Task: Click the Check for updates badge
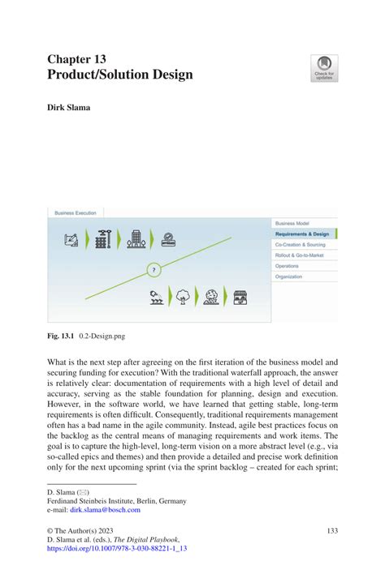tap(324, 68)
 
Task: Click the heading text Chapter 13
tap(76, 59)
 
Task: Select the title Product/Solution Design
tap(120, 75)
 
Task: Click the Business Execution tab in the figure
tap(76, 212)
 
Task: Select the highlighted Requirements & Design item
tap(303, 233)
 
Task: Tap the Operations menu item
tap(287, 265)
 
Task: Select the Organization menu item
tap(289, 276)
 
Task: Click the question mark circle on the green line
tap(154, 269)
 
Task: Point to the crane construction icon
tap(102, 240)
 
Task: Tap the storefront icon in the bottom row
tap(239, 296)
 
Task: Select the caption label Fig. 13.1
tap(61, 335)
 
